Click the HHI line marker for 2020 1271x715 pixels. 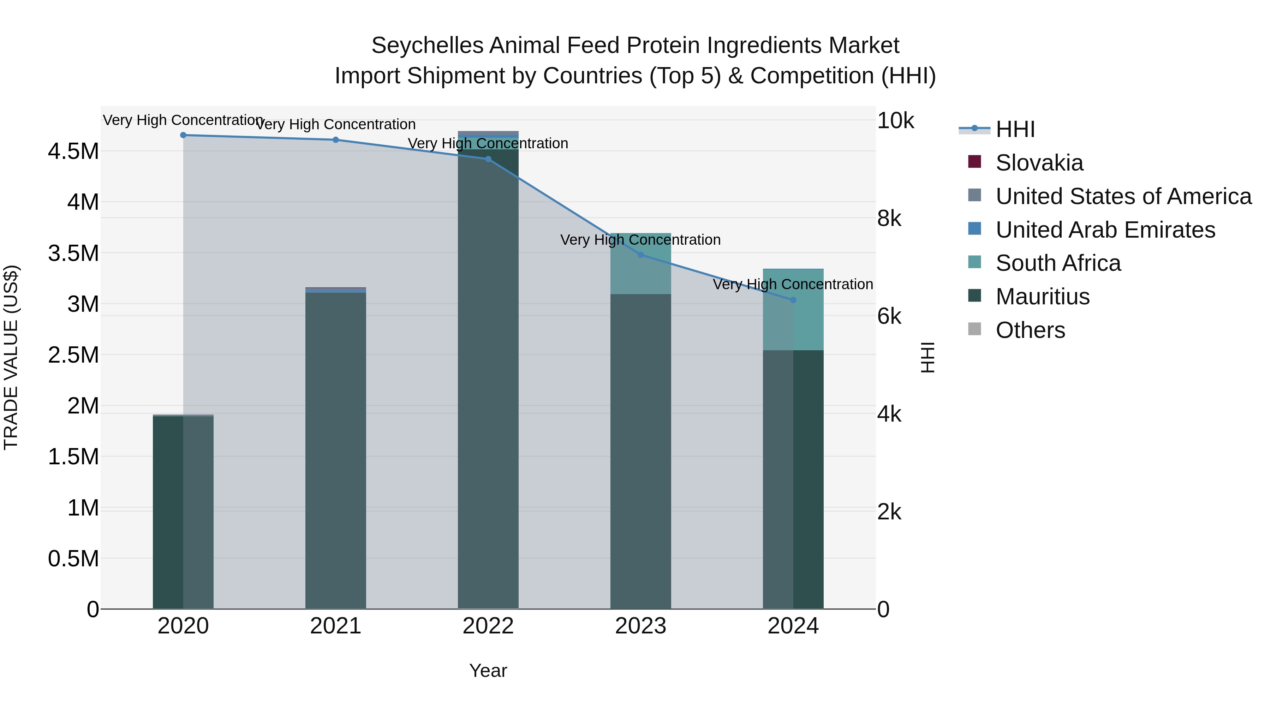click(183, 135)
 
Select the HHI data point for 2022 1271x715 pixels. click(488, 159)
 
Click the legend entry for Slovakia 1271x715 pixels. click(1039, 163)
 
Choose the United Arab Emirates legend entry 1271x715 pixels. click(1105, 230)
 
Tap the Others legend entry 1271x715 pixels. click(1030, 330)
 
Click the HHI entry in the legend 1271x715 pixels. click(1015, 129)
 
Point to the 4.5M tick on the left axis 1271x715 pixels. click(73, 151)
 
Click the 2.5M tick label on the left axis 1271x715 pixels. click(73, 355)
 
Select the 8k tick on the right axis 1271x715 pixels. click(889, 219)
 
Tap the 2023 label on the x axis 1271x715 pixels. click(640, 626)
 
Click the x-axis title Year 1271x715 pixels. click(488, 671)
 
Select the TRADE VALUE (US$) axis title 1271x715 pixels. click(11, 357)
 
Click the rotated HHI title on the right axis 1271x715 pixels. click(927, 357)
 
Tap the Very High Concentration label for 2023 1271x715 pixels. click(640, 240)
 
